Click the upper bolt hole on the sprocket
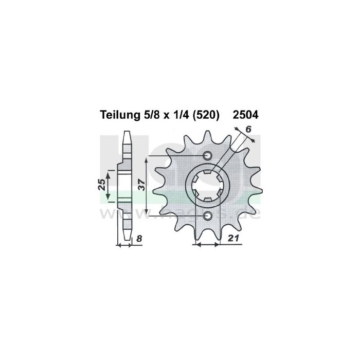(207, 156)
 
